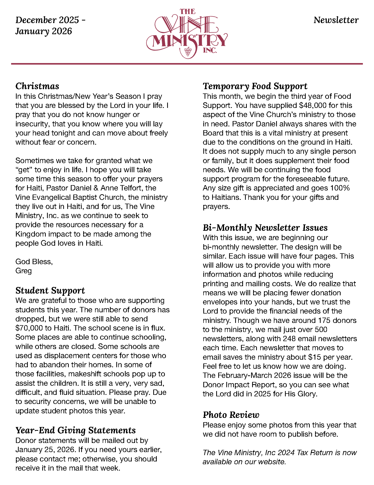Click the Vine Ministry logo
187,33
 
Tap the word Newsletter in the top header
336,20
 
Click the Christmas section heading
37,86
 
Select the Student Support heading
50,290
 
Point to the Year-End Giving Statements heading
75,430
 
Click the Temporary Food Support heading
255,86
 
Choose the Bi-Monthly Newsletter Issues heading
265,228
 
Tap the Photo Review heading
231,415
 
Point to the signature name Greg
24,271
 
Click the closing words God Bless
34,262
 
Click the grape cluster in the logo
188,51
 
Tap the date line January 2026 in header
43,31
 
